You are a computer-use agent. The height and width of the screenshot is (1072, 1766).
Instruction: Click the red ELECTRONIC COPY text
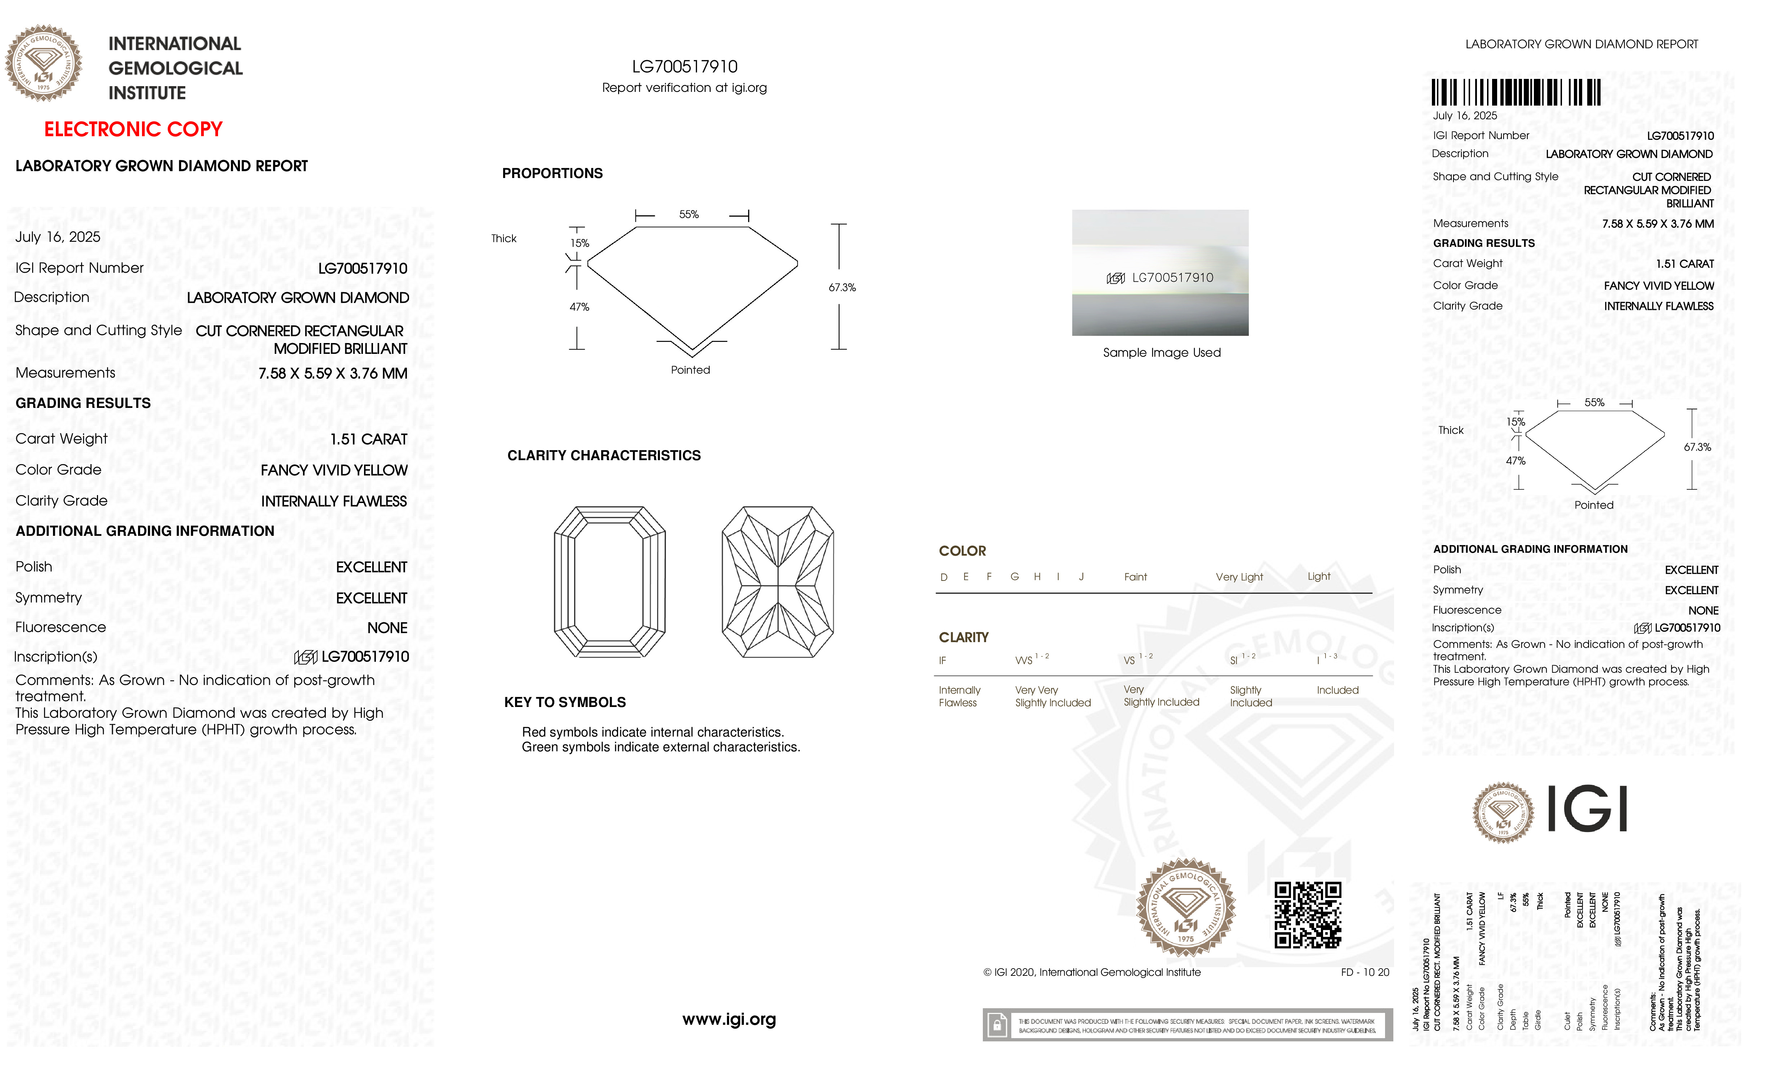pyautogui.click(x=133, y=130)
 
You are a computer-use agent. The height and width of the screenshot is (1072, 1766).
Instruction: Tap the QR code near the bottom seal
pyautogui.click(x=1307, y=915)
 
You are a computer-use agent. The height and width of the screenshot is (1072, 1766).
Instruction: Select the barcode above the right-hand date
pyautogui.click(x=1516, y=93)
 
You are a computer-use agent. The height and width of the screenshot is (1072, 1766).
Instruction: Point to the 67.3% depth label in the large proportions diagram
pyautogui.click(x=842, y=287)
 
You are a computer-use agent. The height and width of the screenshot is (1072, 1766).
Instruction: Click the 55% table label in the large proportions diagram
pyautogui.click(x=689, y=214)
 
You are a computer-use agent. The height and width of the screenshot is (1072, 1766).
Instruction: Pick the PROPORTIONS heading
pyautogui.click(x=552, y=173)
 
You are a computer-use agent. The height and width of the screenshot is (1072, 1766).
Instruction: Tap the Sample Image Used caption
pyautogui.click(x=1161, y=352)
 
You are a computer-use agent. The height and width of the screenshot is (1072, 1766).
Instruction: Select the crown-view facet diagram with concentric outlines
pyautogui.click(x=610, y=582)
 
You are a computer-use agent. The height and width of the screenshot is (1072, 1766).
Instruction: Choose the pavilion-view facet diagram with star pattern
pyautogui.click(x=778, y=582)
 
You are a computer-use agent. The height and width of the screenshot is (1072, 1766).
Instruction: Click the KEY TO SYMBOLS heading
pyautogui.click(x=565, y=702)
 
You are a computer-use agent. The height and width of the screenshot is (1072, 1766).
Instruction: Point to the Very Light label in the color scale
pyautogui.click(x=1239, y=577)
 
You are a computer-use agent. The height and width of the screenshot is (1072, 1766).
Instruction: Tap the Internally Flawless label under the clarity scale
pyautogui.click(x=959, y=696)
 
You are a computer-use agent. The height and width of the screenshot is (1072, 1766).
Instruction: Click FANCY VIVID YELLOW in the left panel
pyautogui.click(x=334, y=470)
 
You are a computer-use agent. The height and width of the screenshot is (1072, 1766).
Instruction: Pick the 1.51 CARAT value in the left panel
pyautogui.click(x=368, y=439)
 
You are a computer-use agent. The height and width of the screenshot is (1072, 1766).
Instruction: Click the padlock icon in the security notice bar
pyautogui.click(x=996, y=1026)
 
